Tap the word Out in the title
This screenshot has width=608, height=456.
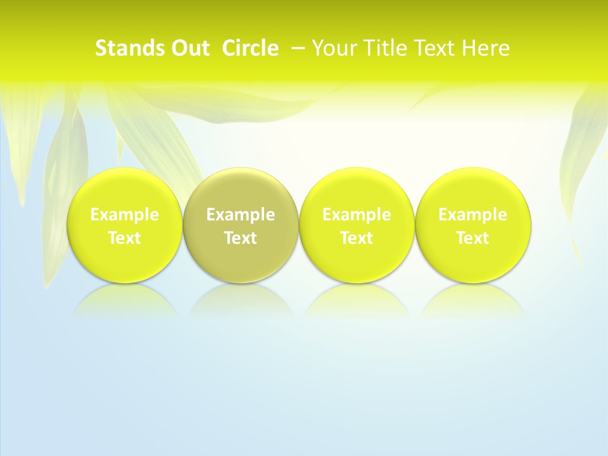[188, 48]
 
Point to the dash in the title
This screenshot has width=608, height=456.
[298, 48]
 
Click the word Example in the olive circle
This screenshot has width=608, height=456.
[241, 215]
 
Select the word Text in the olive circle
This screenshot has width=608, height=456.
[241, 238]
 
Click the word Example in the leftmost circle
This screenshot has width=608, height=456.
[125, 215]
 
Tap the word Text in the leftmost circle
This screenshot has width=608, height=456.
[125, 238]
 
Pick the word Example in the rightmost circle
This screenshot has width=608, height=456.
[472, 215]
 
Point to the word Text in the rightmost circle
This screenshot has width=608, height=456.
[472, 238]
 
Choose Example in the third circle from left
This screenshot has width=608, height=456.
[357, 215]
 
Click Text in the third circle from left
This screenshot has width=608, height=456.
[357, 238]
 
